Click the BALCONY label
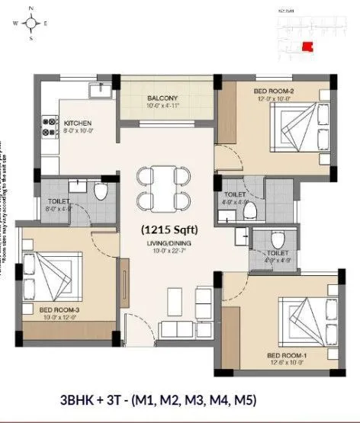tap(162, 98)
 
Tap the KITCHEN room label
tap(78, 123)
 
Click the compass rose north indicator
tap(31, 11)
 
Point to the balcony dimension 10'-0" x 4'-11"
tap(162, 106)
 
